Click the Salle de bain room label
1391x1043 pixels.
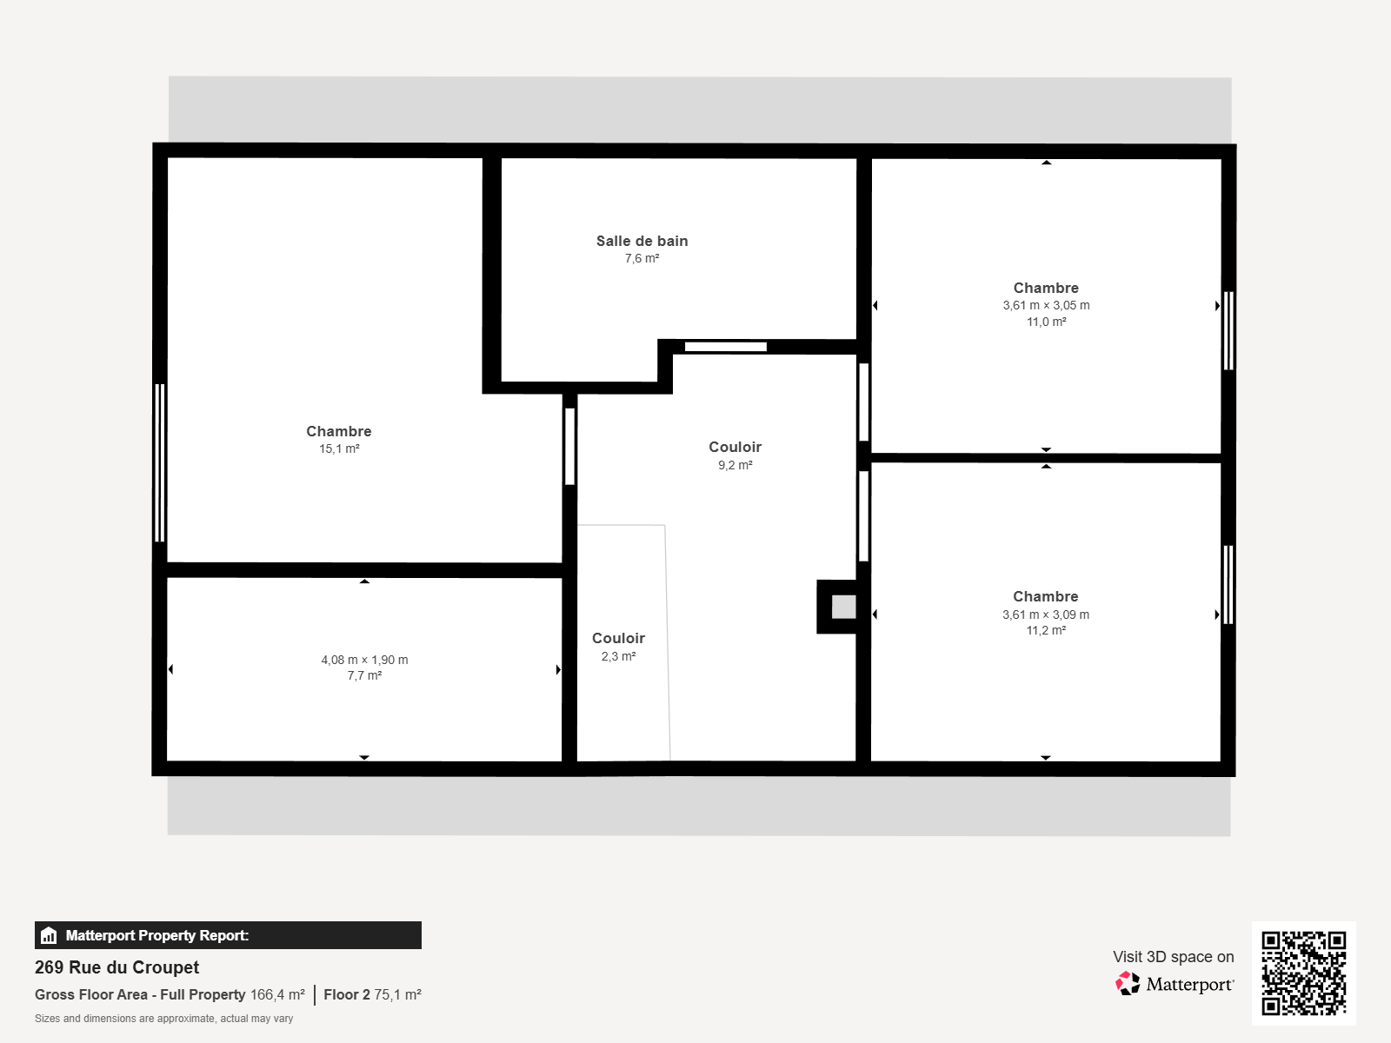[642, 241]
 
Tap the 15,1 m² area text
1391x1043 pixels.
[339, 449]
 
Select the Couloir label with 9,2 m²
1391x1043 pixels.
[735, 447]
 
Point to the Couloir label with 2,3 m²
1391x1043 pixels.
[618, 638]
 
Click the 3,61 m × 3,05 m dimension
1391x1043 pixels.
[1046, 305]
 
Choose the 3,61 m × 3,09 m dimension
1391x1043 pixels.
[1046, 615]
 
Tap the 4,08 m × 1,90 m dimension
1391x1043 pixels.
[364, 660]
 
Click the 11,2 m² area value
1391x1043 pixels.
[1046, 631]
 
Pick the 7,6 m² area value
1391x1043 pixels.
[642, 258]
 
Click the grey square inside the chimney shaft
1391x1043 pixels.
[843, 607]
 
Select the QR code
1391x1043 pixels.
[1303, 973]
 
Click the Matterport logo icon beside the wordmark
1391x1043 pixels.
[1128, 984]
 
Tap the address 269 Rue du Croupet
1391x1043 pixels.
[116, 967]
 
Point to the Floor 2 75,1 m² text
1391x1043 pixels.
[373, 994]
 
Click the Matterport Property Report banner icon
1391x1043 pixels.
[49, 935]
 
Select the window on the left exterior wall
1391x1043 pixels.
[160, 463]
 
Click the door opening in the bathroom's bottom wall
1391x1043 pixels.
[726, 347]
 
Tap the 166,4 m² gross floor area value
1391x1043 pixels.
[277, 994]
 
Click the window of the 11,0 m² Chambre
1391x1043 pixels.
[1228, 330]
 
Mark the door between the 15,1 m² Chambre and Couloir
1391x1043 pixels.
[569, 447]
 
